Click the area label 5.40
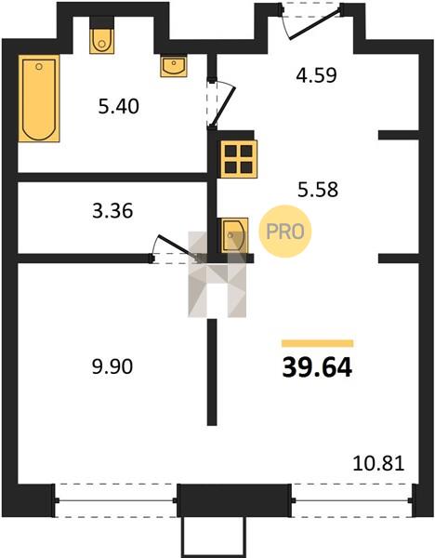[118, 106]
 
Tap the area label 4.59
[316, 75]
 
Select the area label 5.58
[318, 190]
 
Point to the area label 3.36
[112, 211]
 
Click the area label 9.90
[112, 366]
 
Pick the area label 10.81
[378, 464]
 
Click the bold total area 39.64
[317, 367]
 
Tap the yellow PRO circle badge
[285, 232]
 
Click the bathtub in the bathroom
[39, 99]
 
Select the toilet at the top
[101, 41]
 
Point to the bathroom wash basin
[174, 66]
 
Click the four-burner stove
[239, 159]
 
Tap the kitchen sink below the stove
[234, 235]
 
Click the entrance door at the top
[313, 24]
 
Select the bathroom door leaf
[223, 106]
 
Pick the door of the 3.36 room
[177, 248]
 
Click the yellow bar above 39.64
[317, 343]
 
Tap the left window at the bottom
[116, 500]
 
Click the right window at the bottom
[353, 500]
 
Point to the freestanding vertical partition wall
[212, 372]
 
